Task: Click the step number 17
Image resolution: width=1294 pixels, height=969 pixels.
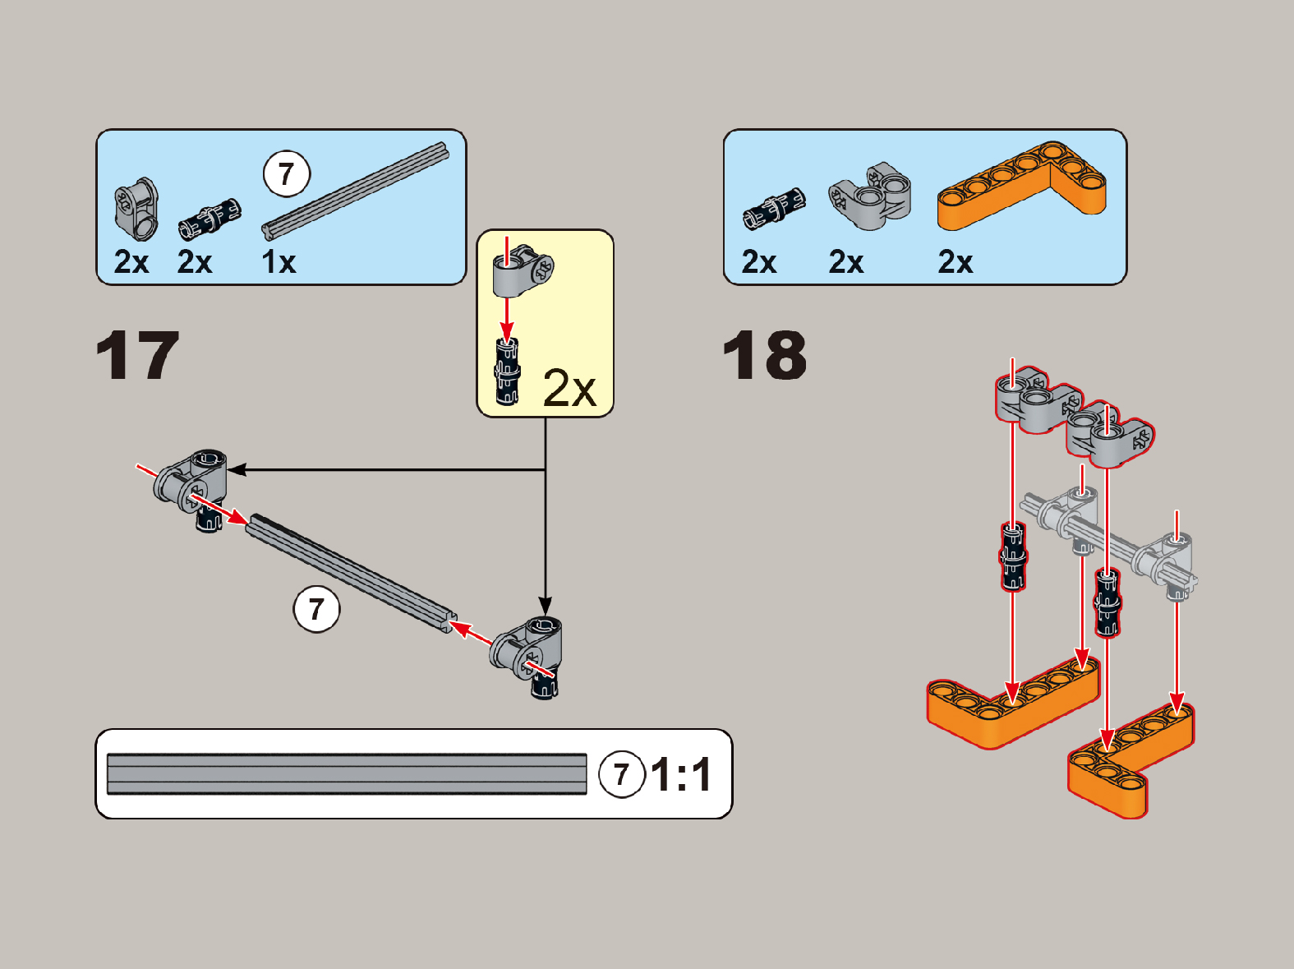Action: pos(137,355)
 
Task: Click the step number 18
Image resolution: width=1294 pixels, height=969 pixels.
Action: pos(765,355)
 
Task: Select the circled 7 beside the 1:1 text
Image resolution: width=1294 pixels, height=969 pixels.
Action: pos(621,774)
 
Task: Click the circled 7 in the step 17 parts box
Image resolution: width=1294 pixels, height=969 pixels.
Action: pos(287,174)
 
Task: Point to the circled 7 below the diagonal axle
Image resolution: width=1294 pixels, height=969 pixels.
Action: pos(316,609)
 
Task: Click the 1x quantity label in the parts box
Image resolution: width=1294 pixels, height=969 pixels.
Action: pos(279,262)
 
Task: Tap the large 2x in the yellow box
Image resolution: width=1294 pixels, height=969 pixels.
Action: pos(569,389)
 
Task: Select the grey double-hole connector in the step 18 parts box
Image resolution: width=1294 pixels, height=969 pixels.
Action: pos(870,196)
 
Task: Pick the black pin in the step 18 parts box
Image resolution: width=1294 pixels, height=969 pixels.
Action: pos(774,208)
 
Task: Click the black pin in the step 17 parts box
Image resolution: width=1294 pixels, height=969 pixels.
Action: pos(210,219)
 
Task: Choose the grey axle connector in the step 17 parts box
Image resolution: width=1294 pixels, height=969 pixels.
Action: pos(136,210)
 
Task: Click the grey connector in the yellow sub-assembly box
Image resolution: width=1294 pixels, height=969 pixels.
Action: pos(523,270)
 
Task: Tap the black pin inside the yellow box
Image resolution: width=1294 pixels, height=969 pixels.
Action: pos(507,371)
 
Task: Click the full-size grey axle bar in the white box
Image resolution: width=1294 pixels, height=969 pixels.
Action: pos(347,773)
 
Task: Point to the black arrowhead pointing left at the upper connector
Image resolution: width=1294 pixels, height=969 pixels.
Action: pos(237,469)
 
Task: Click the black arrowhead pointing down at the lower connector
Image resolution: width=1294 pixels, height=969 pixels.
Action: pos(546,607)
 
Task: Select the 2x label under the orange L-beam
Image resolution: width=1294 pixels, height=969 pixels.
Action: pos(955,262)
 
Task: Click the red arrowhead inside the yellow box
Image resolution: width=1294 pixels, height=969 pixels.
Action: pos(507,332)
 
